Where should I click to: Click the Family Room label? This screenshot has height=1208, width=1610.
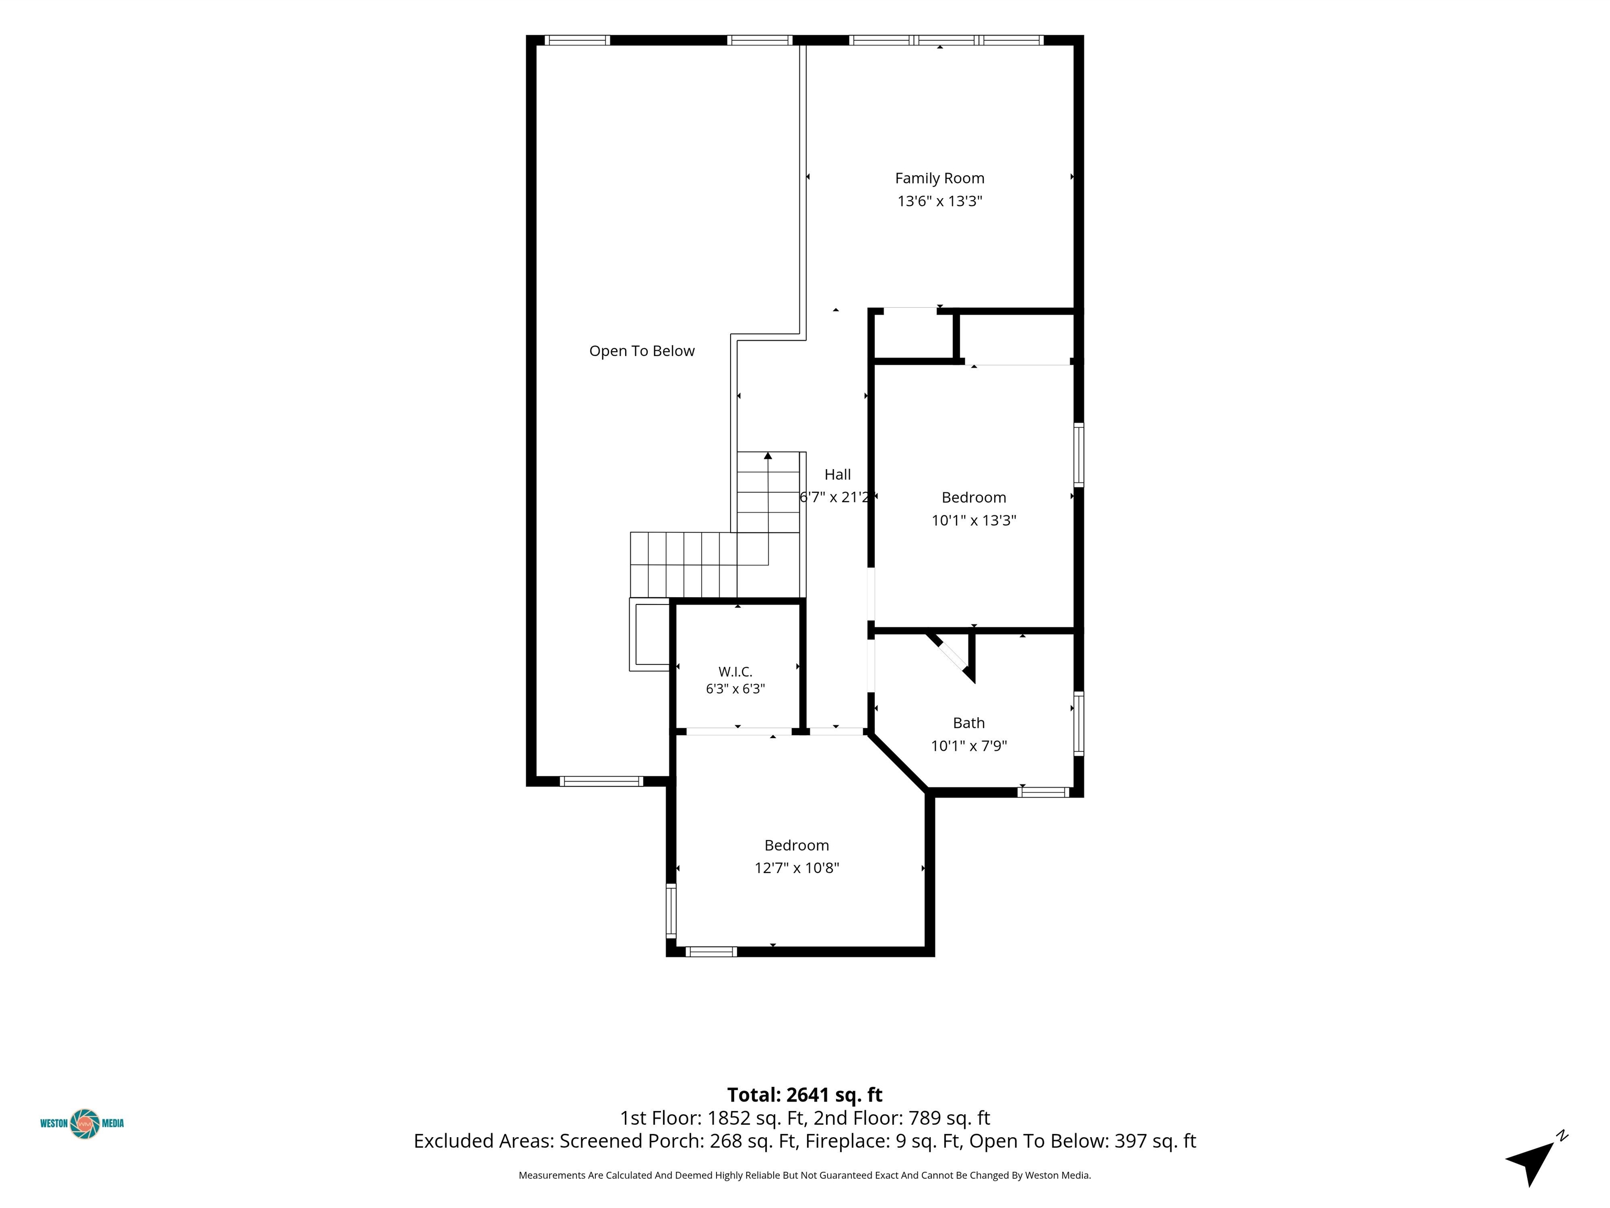click(x=939, y=178)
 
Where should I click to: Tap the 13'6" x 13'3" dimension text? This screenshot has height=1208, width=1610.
click(x=939, y=201)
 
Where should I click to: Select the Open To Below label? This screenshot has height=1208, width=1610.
click(x=641, y=351)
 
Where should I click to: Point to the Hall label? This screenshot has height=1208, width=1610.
click(x=837, y=474)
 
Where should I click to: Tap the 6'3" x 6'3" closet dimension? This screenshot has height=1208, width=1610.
click(x=735, y=689)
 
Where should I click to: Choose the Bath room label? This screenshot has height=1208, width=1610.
click(x=969, y=723)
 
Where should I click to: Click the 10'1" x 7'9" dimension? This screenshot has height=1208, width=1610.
click(x=969, y=746)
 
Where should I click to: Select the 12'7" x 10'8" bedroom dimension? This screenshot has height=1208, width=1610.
click(x=796, y=868)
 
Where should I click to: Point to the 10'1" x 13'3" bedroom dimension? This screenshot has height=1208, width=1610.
click(x=974, y=521)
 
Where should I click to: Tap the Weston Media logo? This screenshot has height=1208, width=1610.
click(x=82, y=1124)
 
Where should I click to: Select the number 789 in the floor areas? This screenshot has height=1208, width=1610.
click(x=922, y=1118)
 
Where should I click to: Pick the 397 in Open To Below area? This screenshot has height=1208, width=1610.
click(x=1129, y=1141)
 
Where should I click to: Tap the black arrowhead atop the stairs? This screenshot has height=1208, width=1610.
click(x=768, y=456)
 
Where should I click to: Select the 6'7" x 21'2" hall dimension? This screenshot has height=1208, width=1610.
click(x=834, y=498)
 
